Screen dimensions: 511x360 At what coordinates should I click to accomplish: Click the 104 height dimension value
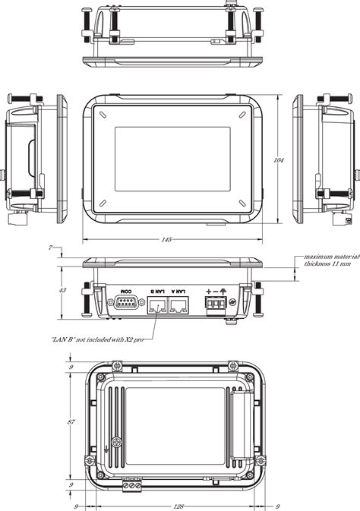279,160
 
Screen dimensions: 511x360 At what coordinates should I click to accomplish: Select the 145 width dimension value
166,240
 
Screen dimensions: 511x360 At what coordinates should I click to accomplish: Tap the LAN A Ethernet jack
179,306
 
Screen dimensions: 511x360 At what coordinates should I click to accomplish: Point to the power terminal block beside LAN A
216,307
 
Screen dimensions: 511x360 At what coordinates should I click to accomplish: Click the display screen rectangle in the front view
172,159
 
